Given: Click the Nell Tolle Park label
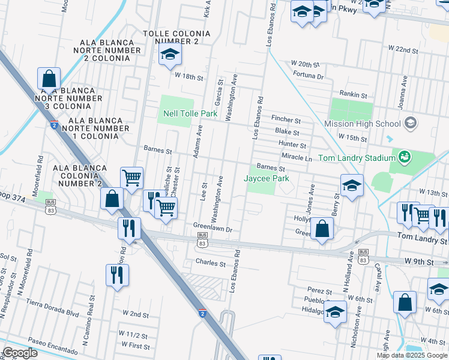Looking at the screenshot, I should click(x=190, y=113).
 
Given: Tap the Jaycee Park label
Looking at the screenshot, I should click(x=267, y=179).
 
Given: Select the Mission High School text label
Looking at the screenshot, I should click(x=362, y=124).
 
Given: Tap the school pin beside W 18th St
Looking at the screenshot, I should click(x=170, y=55).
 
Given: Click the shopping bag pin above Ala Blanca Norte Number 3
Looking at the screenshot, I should click(x=49, y=79).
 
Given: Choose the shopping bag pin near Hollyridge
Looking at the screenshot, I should click(x=322, y=229).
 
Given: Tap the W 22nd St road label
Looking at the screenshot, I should click(x=403, y=49).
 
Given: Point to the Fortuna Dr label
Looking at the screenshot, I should click(x=309, y=76).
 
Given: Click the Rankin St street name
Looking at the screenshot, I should click(x=352, y=94).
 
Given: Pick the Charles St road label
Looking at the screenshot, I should click(x=210, y=263).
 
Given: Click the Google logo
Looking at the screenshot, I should click(x=21, y=353).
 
